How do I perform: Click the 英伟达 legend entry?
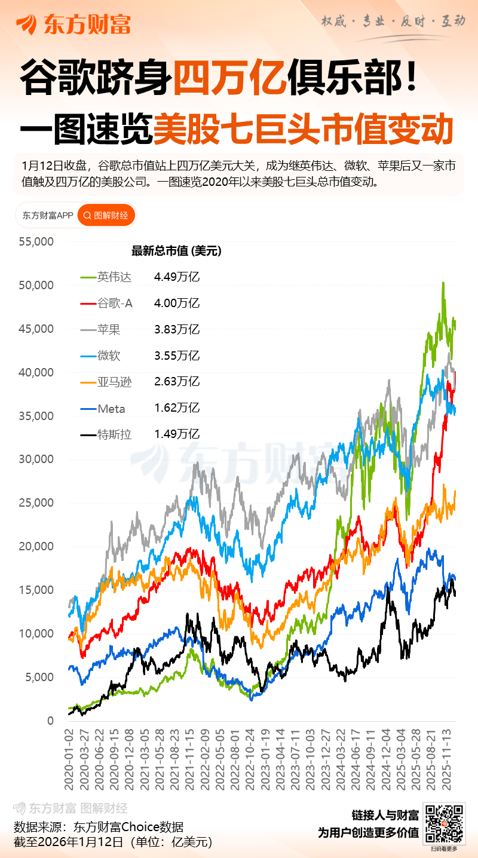[114, 277]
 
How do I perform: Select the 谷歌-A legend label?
[115, 304]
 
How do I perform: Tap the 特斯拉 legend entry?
[114, 434]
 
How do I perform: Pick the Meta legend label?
[111, 408]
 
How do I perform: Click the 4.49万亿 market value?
[176, 277]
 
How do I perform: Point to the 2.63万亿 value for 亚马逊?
[176, 382]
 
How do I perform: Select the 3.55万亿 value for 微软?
[176, 356]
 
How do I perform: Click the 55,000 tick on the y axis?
[37, 242]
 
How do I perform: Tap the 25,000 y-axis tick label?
[37, 503]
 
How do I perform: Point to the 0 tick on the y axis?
[50, 721]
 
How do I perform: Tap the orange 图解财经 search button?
[106, 216]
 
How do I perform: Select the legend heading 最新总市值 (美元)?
[176, 251]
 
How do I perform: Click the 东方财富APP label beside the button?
[47, 216]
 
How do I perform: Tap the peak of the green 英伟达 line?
[443, 283]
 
